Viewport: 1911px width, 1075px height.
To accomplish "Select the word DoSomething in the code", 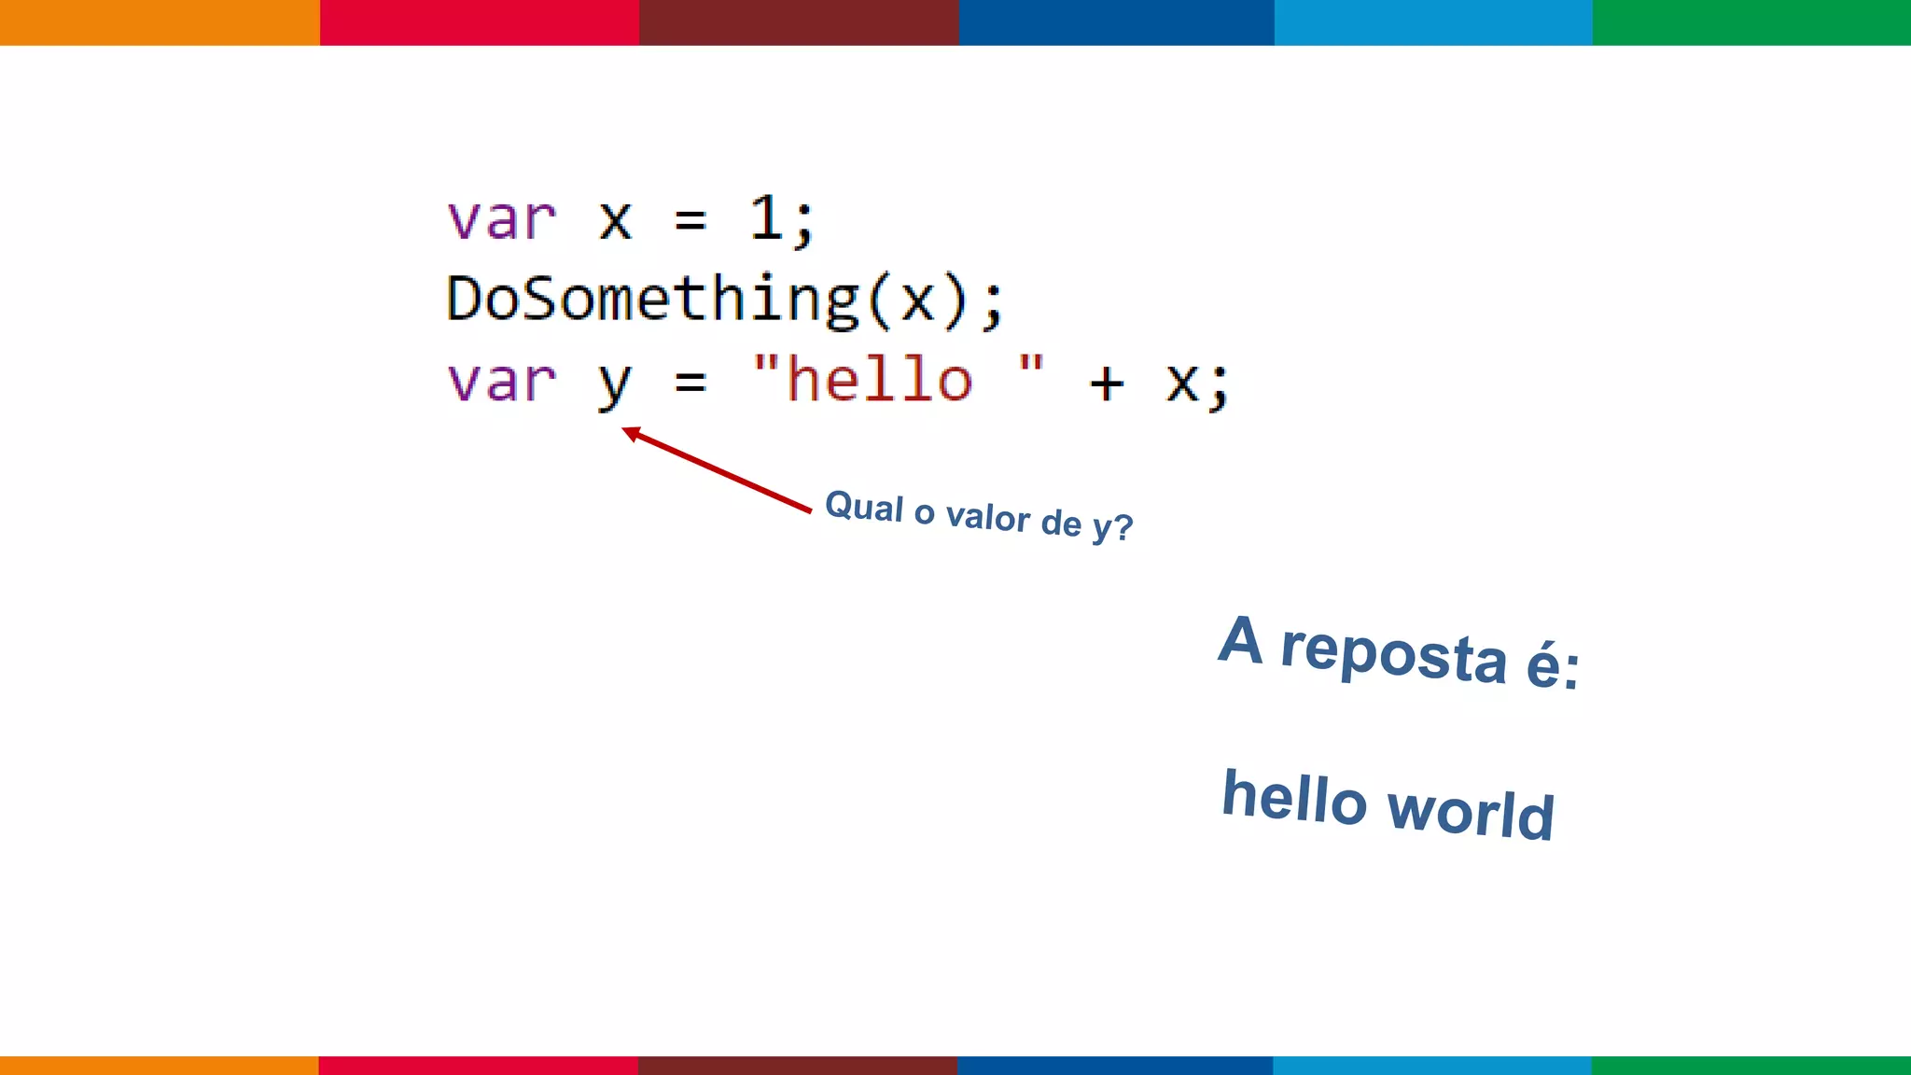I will [x=652, y=300].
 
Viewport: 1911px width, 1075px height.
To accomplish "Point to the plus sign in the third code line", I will [x=1107, y=383].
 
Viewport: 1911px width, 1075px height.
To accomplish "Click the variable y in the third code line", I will [x=614, y=383].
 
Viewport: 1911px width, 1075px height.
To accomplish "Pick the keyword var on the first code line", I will [x=502, y=220].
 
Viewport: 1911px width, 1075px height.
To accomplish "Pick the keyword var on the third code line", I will [x=502, y=382].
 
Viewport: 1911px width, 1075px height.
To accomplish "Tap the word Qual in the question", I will [x=864, y=507].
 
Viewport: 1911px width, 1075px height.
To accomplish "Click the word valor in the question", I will [x=987, y=516].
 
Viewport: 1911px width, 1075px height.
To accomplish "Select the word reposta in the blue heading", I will [x=1393, y=653].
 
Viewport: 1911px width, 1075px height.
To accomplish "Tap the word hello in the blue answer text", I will [x=1294, y=798].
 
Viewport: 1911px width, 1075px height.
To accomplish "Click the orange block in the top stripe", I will [x=160, y=22].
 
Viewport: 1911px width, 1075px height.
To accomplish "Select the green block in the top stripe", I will [x=1751, y=22].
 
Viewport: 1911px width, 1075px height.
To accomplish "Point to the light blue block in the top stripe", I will [x=1433, y=22].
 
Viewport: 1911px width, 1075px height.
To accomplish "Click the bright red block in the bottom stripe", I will [x=478, y=1065].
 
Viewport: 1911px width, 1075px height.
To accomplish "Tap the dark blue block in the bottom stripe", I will [x=1115, y=1065].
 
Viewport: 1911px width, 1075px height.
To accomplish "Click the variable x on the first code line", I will [x=615, y=221].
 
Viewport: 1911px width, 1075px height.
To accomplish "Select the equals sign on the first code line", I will [x=690, y=221].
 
